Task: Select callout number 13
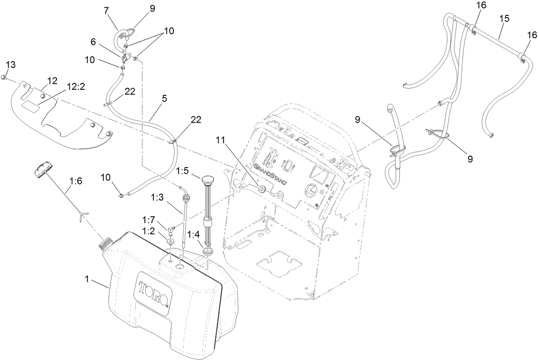tap(11, 65)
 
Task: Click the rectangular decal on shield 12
tap(32, 106)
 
